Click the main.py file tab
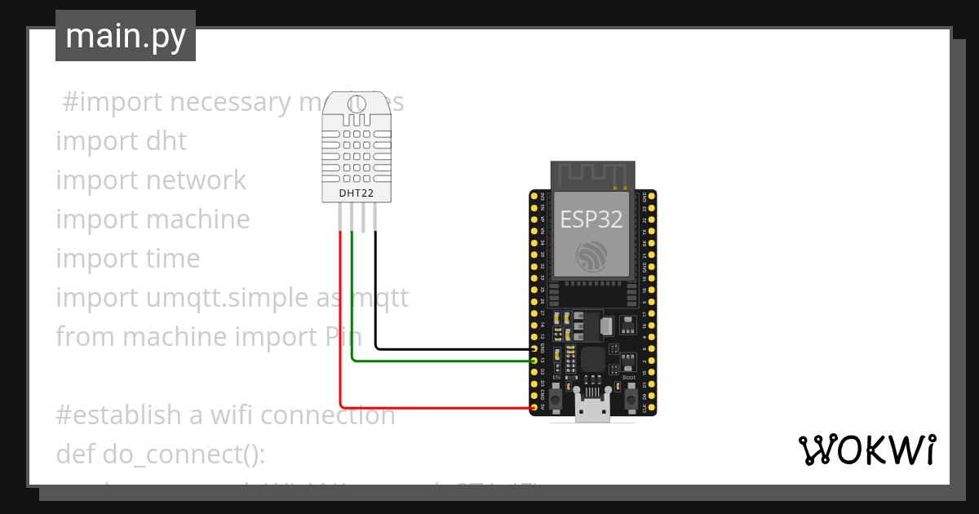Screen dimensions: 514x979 click(x=125, y=36)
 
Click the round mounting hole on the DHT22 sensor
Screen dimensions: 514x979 click(x=357, y=104)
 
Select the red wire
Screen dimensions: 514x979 click(x=341, y=326)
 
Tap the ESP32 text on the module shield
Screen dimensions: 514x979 click(x=591, y=219)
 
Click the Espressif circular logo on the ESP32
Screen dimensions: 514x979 click(x=591, y=256)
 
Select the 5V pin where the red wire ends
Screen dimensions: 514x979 click(x=534, y=407)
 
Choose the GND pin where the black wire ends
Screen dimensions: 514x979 click(x=534, y=348)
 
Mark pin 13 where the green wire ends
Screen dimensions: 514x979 click(x=534, y=360)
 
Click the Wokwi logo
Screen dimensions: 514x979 click(x=866, y=450)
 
